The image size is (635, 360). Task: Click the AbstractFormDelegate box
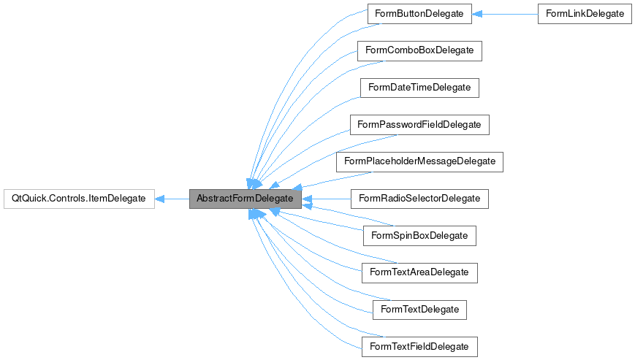pyautogui.click(x=245, y=199)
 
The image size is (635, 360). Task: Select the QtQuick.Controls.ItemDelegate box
pyautogui.click(x=79, y=199)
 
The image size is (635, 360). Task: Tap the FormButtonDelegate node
pyautogui.click(x=419, y=14)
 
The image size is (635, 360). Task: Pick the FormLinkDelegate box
pyautogui.click(x=585, y=14)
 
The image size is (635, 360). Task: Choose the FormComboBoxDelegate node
pyautogui.click(x=419, y=50)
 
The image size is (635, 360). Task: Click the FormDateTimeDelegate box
pyautogui.click(x=419, y=88)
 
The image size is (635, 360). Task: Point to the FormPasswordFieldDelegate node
pyautogui.click(x=419, y=124)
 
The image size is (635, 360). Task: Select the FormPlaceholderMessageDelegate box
pyautogui.click(x=419, y=161)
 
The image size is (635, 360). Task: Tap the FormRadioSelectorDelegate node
pyautogui.click(x=419, y=199)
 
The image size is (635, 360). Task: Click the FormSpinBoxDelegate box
pyautogui.click(x=419, y=235)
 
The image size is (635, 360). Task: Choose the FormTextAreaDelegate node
pyautogui.click(x=419, y=272)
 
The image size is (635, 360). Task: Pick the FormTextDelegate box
pyautogui.click(x=419, y=309)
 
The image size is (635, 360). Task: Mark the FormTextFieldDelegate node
pyautogui.click(x=419, y=345)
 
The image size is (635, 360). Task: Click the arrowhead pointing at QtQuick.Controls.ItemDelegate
pyautogui.click(x=160, y=199)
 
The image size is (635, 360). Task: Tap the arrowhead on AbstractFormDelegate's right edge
pyautogui.click(x=307, y=199)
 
